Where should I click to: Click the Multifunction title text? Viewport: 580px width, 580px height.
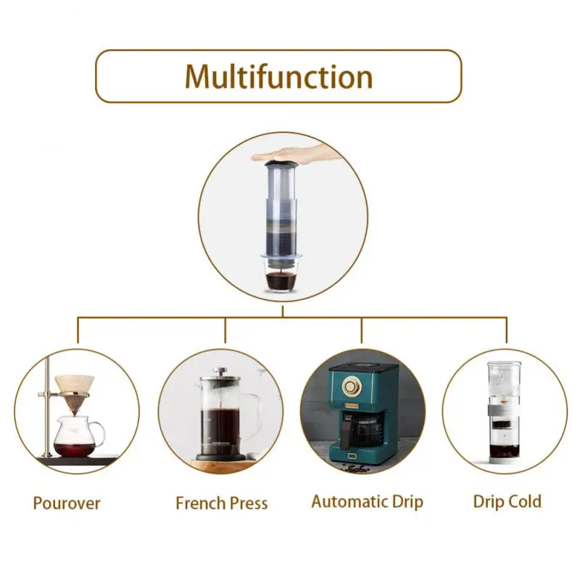click(x=278, y=76)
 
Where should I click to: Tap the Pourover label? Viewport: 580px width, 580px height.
click(x=67, y=502)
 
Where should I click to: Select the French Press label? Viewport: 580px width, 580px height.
click(x=221, y=502)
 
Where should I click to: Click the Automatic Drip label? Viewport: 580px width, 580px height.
click(x=367, y=501)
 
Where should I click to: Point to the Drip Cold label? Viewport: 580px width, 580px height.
click(x=507, y=500)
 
